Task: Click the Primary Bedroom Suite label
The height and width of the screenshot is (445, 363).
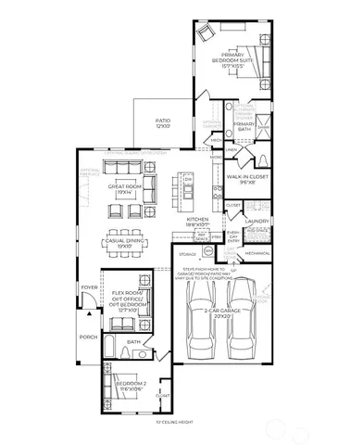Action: click(x=232, y=60)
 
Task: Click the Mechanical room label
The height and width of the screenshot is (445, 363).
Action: click(x=257, y=251)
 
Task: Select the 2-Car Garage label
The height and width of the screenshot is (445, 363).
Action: click(x=221, y=313)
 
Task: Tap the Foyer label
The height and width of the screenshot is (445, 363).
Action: click(x=89, y=287)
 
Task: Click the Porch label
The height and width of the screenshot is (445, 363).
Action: click(x=88, y=337)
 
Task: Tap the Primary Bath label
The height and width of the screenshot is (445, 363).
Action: click(x=244, y=126)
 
